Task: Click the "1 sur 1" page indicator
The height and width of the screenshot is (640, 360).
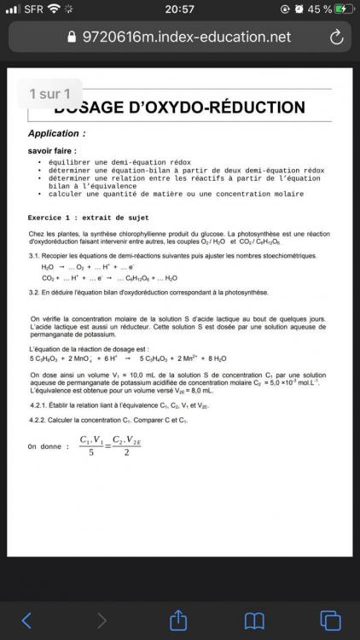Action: tap(49, 93)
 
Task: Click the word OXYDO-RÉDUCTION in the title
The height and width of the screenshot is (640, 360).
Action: tap(224, 108)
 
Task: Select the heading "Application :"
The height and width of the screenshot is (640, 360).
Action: tap(57, 134)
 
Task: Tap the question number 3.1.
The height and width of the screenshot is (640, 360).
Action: tap(35, 256)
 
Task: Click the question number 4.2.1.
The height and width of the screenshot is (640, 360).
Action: tap(40, 404)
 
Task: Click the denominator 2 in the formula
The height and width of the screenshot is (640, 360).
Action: tap(125, 452)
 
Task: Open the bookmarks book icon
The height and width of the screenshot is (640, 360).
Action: tap(255, 620)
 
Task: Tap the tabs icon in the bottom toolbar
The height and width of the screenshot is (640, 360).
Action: tap(330, 620)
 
